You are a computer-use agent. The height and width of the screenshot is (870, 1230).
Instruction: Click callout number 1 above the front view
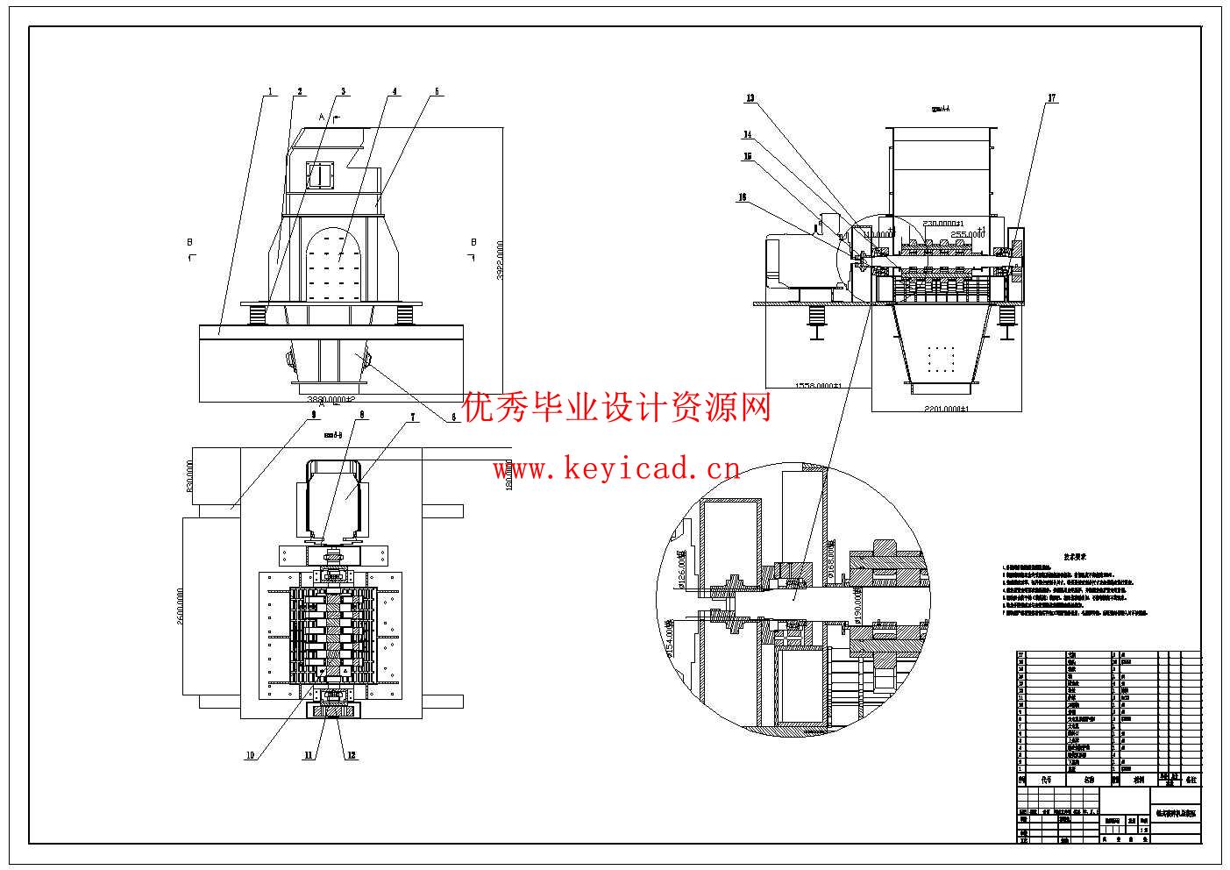(x=271, y=91)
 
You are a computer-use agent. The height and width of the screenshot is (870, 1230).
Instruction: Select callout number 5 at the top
(x=437, y=91)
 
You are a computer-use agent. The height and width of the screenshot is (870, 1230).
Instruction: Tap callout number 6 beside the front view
(x=454, y=417)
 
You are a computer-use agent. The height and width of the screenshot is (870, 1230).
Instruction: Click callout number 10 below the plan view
(x=250, y=755)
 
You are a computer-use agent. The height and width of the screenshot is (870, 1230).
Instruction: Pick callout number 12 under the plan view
(x=352, y=755)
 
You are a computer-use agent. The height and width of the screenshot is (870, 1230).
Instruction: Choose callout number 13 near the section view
(x=750, y=98)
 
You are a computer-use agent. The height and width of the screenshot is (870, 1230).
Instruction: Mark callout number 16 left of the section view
(x=742, y=198)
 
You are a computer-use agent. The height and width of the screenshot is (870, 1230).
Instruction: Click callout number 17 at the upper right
(x=1052, y=98)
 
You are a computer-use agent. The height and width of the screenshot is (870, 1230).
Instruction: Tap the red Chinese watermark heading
(x=616, y=407)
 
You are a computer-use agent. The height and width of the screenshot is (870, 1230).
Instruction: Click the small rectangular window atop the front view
(x=320, y=175)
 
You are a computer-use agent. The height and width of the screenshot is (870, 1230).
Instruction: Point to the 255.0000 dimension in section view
(x=969, y=234)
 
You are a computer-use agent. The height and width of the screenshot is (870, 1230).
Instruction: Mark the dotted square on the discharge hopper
(x=941, y=360)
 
